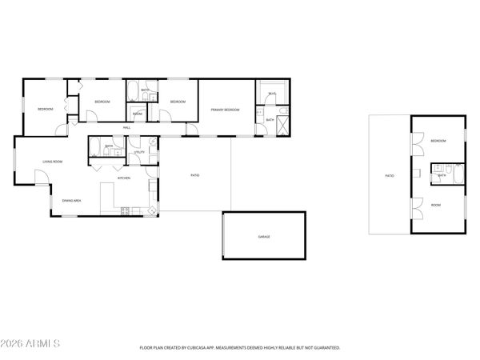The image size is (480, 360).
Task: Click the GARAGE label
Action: pyautogui.click(x=263, y=238)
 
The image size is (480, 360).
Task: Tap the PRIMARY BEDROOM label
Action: pyautogui.click(x=226, y=109)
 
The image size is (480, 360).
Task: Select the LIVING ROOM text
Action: pyautogui.click(x=53, y=162)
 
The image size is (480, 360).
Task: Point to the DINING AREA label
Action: pyautogui.click(x=71, y=200)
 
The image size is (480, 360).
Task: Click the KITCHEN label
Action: pyautogui.click(x=124, y=178)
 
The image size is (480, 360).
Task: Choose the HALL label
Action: pyautogui.click(x=126, y=128)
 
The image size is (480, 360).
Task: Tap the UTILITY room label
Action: pyautogui.click(x=139, y=151)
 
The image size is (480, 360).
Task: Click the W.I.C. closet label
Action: pyautogui.click(x=272, y=94)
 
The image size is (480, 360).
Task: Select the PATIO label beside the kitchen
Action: pyautogui.click(x=194, y=175)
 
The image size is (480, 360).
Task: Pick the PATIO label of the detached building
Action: pyautogui.click(x=390, y=175)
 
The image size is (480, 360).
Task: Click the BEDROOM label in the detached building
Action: pyautogui.click(x=438, y=141)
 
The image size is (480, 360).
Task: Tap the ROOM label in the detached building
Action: pyautogui.click(x=436, y=205)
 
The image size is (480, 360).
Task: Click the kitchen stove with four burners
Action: pyautogui.click(x=125, y=211)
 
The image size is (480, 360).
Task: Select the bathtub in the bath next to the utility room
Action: pyautogui.click(x=94, y=147)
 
